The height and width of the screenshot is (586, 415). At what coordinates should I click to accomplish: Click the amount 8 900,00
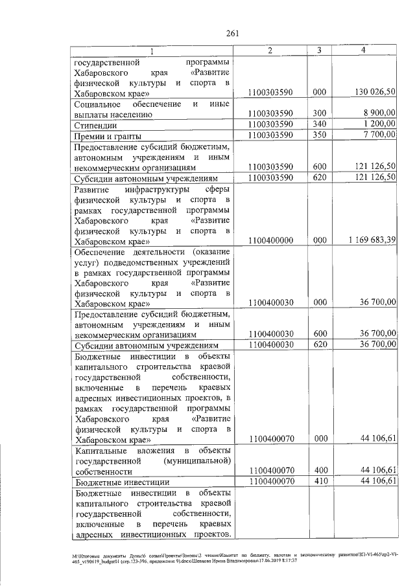coord(379,113)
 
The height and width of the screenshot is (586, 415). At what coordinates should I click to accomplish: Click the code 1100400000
coord(271,240)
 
